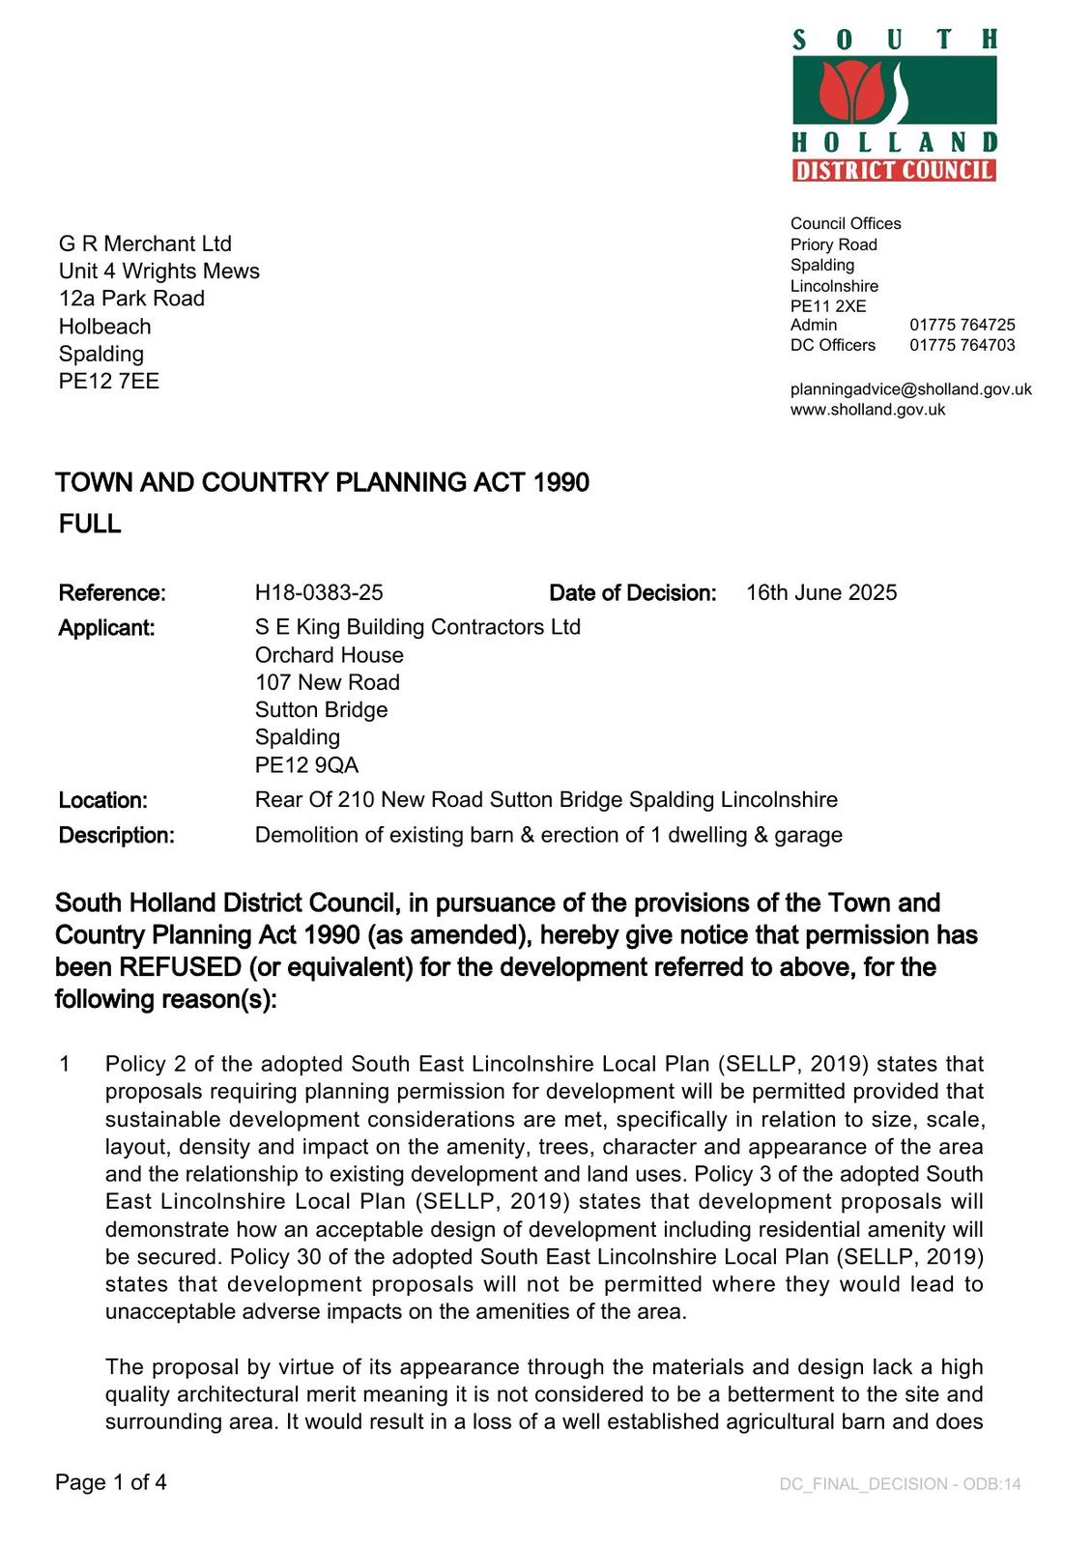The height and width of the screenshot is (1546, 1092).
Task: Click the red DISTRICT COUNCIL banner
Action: pos(894,171)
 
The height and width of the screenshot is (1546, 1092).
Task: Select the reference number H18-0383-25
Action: pos(319,592)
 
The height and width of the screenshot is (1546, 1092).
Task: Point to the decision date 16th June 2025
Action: pos(821,592)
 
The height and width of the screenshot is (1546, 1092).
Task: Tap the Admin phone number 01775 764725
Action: pos(962,325)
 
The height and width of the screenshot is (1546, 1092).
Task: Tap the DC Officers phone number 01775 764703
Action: pos(962,345)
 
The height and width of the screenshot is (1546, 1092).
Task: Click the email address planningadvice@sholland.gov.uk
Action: pos(910,389)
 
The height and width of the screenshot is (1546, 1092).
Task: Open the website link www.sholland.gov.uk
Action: pos(868,410)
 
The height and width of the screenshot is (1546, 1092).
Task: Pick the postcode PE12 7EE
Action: pos(109,381)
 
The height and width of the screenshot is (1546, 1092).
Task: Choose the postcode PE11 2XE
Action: pos(828,306)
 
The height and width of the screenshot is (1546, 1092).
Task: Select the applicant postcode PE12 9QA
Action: pos(306,765)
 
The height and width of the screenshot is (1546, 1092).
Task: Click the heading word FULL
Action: pos(90,524)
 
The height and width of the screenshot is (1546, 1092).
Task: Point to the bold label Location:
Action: pos(103,800)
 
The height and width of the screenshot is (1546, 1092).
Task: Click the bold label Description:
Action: pos(117,835)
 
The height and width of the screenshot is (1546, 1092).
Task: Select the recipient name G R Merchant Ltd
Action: pos(145,243)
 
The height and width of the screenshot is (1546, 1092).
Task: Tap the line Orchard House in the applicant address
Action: pos(329,655)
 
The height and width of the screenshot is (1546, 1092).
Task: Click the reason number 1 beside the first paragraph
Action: pos(65,1064)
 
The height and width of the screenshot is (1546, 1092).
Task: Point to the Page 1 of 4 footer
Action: pos(111,1482)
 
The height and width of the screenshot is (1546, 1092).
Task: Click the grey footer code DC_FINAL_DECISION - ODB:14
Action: pos(900,1484)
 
